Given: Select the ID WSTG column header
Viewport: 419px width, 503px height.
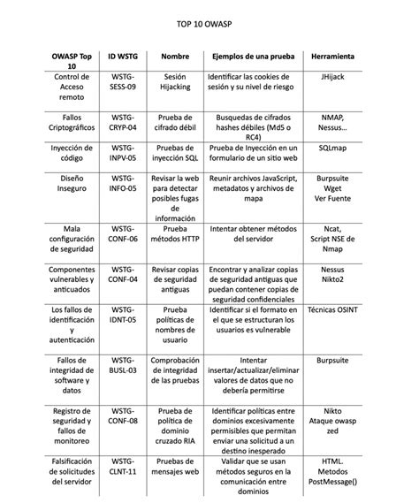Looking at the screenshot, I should pyautogui.click(x=123, y=57).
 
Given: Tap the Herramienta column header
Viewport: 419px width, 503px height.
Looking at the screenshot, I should pyautogui.click(x=333, y=57).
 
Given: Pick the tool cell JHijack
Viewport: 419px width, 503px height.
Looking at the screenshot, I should pyautogui.click(x=333, y=78).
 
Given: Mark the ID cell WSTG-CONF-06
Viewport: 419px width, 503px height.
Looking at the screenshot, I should pyautogui.click(x=123, y=233).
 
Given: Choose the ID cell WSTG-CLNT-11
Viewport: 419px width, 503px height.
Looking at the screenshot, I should pyautogui.click(x=123, y=467).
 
